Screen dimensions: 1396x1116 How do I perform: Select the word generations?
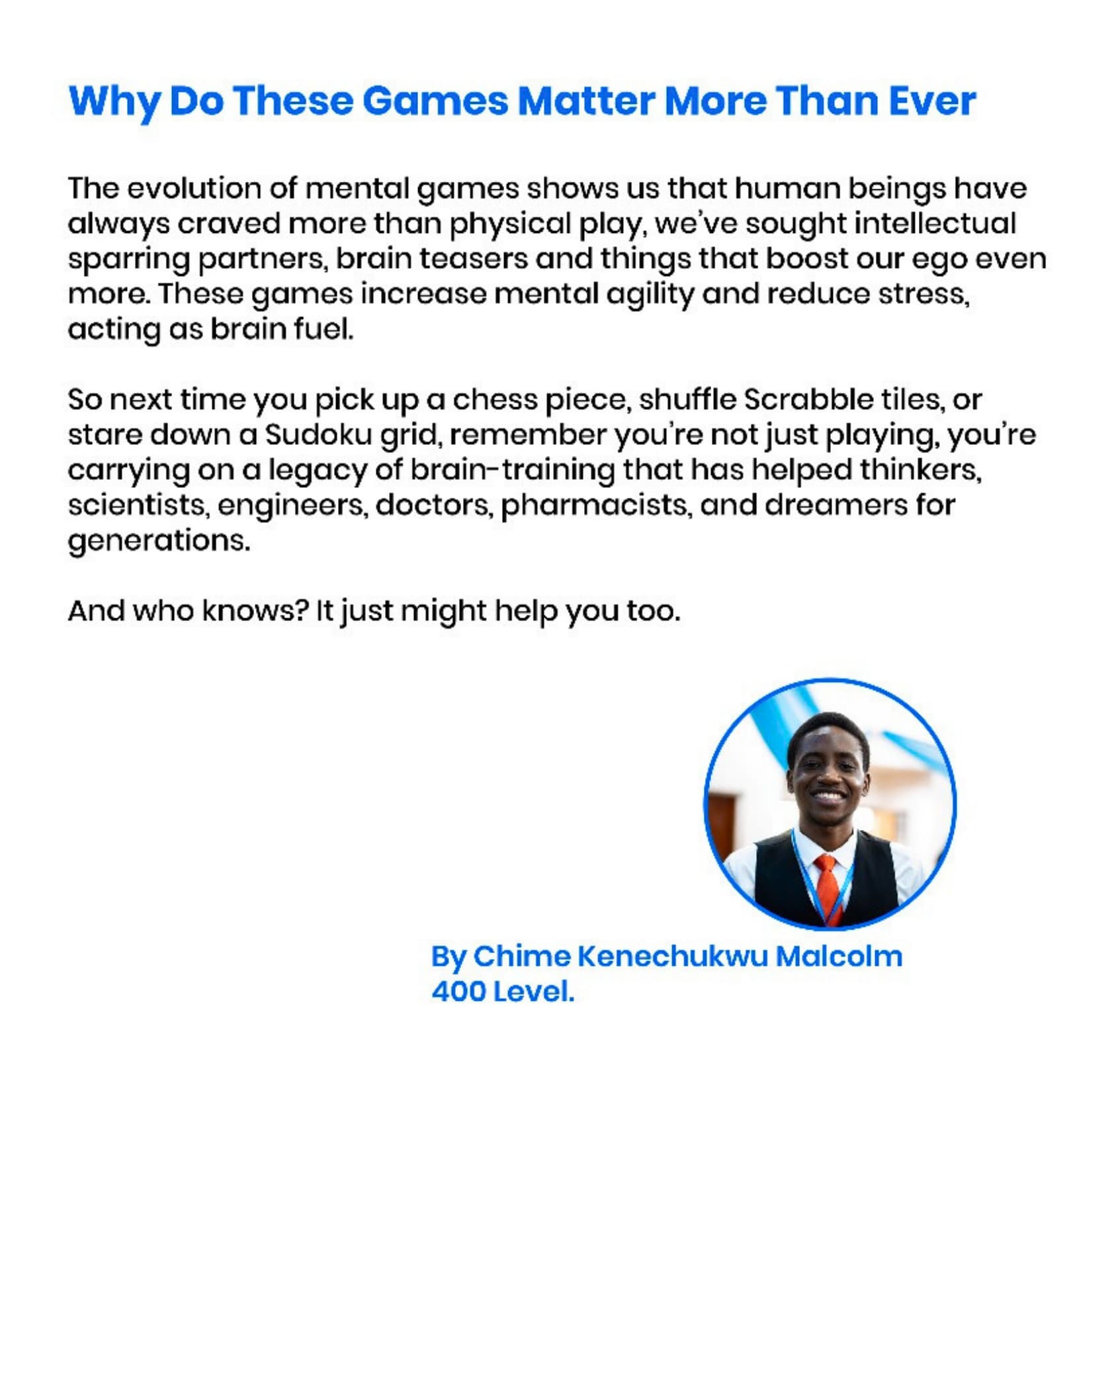159,541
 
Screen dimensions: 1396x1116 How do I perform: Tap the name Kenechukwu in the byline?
672,956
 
